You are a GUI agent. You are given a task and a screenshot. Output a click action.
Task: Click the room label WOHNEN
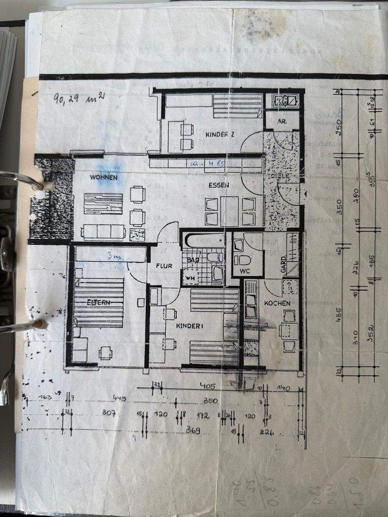coord(103,178)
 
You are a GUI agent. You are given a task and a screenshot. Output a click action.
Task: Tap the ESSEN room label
coord(219,185)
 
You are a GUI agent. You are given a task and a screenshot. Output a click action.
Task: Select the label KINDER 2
coord(219,135)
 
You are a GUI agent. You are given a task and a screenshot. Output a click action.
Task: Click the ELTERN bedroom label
coord(99,303)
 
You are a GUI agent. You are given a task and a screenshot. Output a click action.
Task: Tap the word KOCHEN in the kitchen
coord(277,303)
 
